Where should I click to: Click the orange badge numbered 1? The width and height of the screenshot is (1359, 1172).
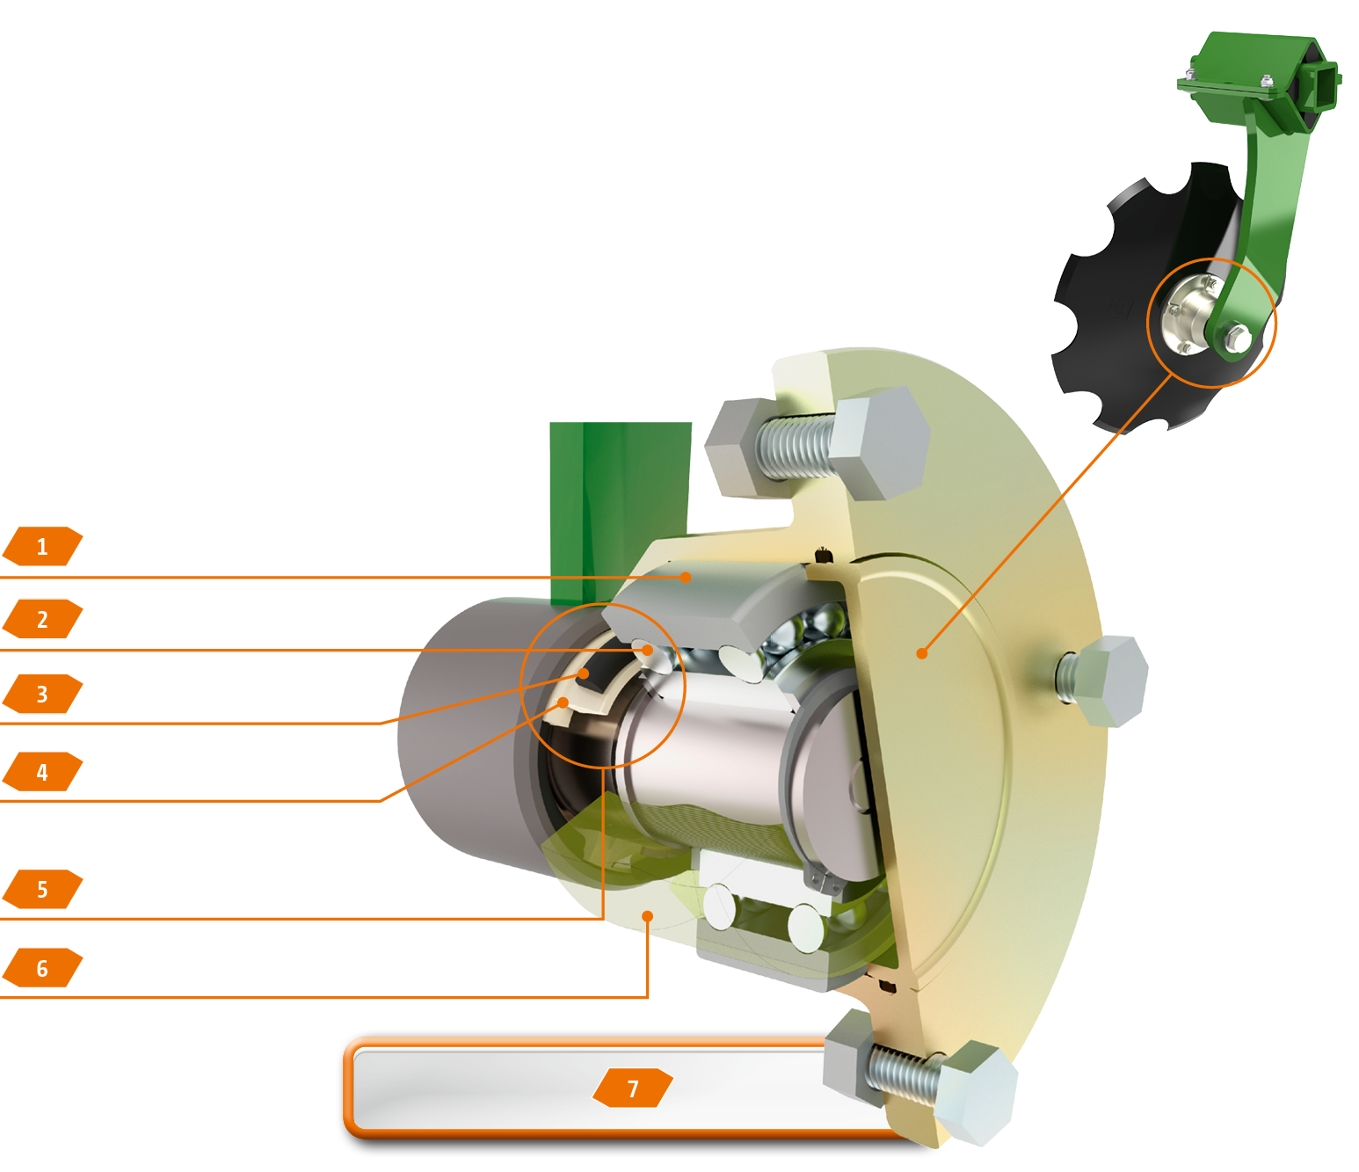[x=43, y=546]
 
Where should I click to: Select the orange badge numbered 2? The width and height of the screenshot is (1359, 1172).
[x=43, y=619]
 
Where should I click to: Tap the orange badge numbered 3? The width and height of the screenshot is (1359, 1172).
[x=43, y=694]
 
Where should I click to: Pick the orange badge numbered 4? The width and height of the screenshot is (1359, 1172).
[x=43, y=771]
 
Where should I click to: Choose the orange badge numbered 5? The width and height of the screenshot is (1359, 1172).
[x=43, y=889]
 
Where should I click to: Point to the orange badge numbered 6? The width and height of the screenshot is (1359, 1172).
[x=43, y=967]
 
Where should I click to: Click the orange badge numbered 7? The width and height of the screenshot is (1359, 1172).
[x=633, y=1088]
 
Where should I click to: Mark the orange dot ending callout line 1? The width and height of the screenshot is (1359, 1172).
[x=686, y=578]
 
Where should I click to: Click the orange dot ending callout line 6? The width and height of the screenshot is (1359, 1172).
[x=648, y=916]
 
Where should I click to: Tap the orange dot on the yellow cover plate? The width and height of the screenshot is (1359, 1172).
[x=922, y=653]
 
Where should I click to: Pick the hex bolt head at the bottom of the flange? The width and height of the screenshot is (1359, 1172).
[x=973, y=1093]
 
